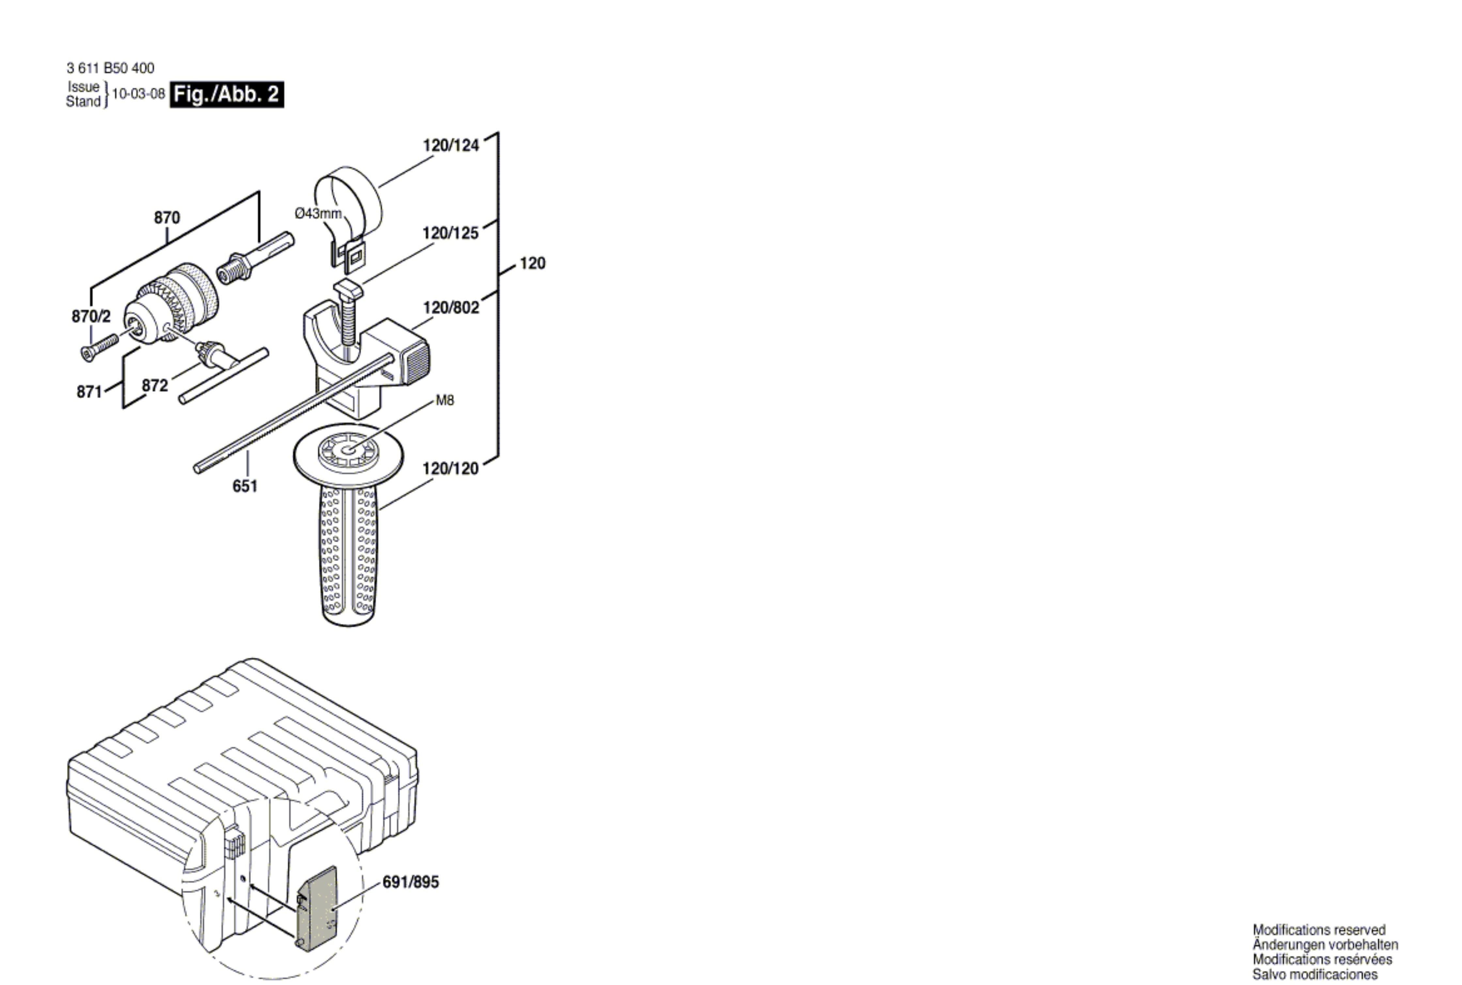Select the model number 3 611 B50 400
point(111,68)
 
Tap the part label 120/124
point(450,145)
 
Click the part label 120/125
point(450,233)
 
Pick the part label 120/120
point(450,469)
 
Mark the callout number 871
point(89,392)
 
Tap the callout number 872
point(155,385)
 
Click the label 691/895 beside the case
point(411,882)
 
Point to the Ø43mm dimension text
point(319,214)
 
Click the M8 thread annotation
point(445,400)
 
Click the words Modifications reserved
point(1319,930)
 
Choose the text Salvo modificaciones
point(1315,974)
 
